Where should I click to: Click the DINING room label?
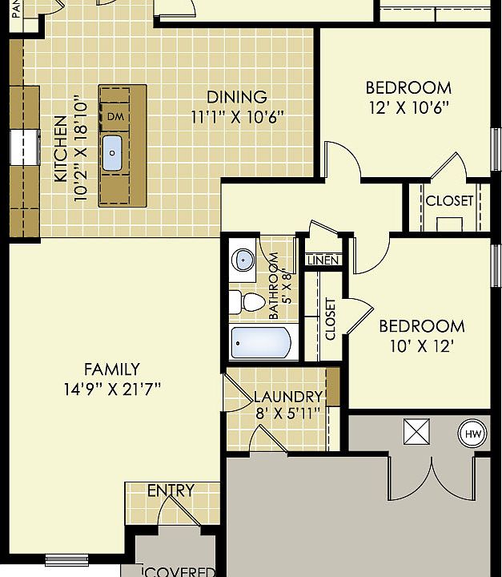click(238, 97)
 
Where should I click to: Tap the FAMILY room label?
click(111, 369)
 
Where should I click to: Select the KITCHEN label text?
click(61, 149)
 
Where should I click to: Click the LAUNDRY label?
click(287, 397)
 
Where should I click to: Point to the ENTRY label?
click(171, 490)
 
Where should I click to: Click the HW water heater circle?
click(472, 434)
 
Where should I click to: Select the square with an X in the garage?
click(417, 433)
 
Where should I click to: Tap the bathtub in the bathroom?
click(261, 343)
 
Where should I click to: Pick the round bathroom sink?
click(243, 260)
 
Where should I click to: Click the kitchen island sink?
click(112, 152)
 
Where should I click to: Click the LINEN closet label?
click(323, 260)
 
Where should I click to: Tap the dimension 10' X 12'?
click(421, 346)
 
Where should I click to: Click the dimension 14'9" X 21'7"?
click(111, 389)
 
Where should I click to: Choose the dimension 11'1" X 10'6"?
click(238, 117)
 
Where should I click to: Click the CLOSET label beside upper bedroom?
click(449, 201)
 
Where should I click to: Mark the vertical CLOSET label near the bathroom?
click(331, 319)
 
